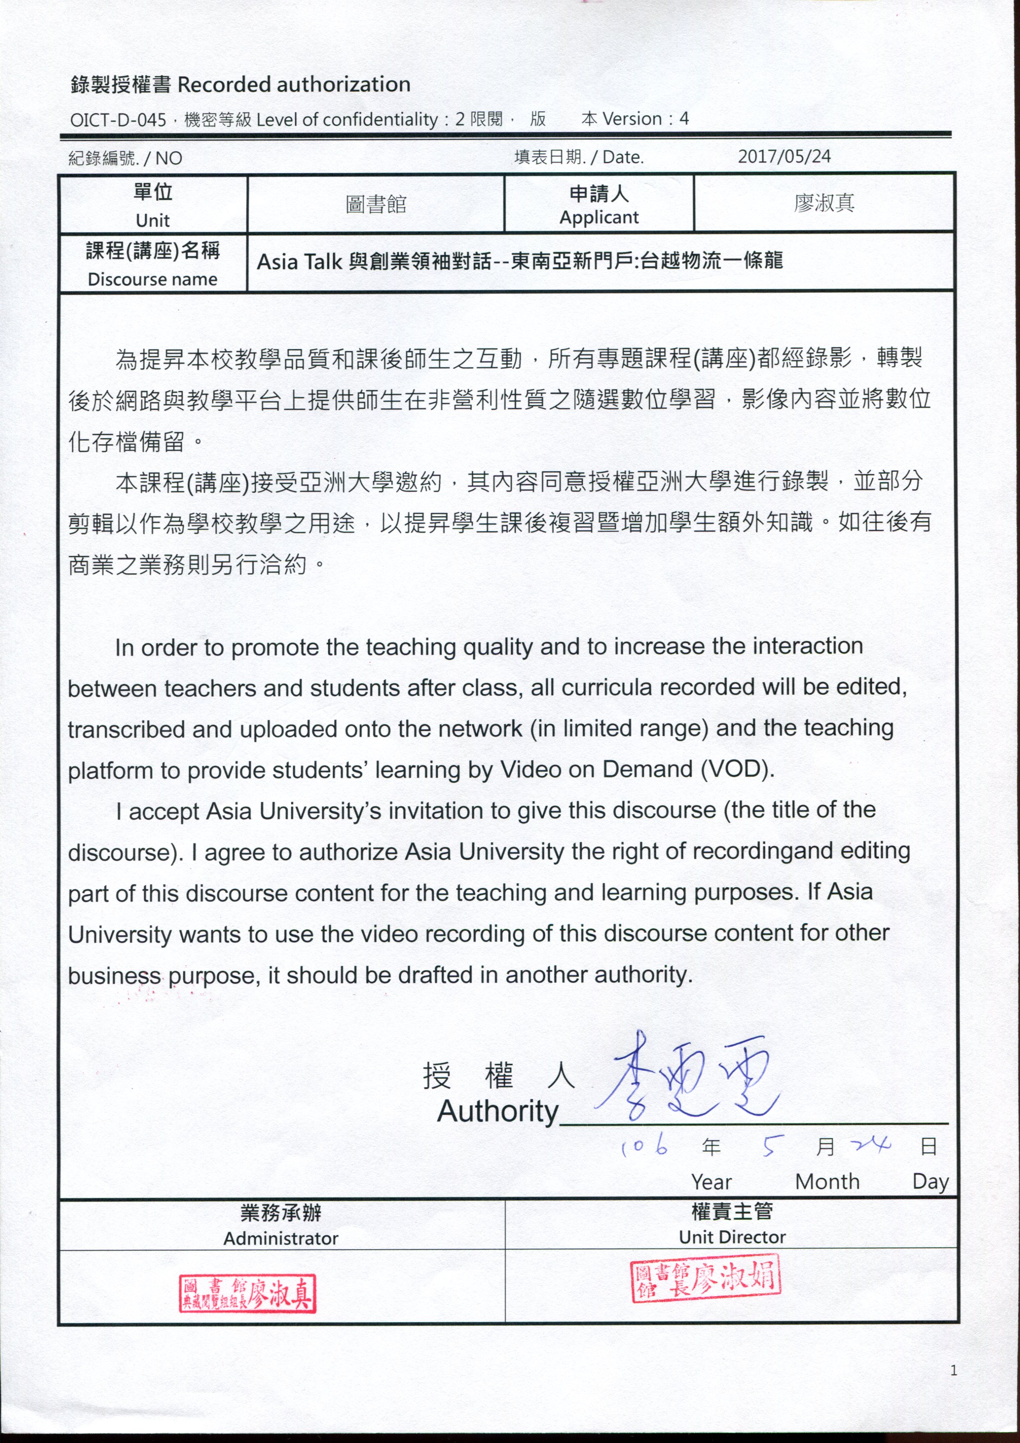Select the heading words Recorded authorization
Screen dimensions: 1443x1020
click(294, 84)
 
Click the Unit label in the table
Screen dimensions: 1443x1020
click(153, 220)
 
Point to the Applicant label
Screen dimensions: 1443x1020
click(599, 218)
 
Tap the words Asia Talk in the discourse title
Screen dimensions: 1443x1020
click(299, 261)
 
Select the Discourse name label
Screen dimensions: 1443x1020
click(153, 279)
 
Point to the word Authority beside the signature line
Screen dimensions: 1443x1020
click(498, 1111)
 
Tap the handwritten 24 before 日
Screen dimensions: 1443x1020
click(871, 1145)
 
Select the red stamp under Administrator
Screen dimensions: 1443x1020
click(247, 1293)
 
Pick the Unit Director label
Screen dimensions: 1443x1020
click(732, 1237)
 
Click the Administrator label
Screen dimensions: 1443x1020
click(281, 1238)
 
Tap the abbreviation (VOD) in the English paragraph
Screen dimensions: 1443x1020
click(737, 769)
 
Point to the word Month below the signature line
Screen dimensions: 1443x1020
click(827, 1181)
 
